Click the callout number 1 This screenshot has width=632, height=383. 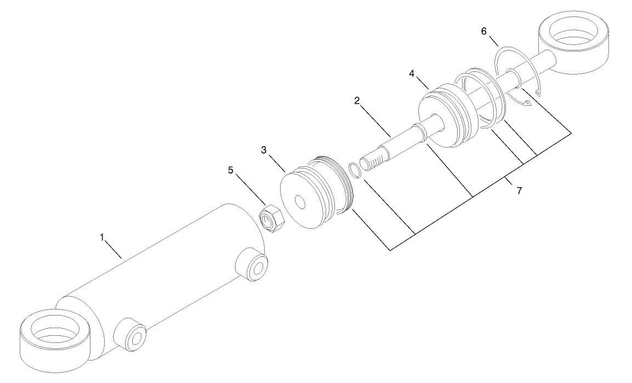tap(101, 237)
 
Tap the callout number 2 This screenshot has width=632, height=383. tap(357, 101)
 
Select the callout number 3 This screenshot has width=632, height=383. tap(264, 149)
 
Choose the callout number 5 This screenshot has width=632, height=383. tap(231, 170)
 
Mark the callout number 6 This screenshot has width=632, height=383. tap(483, 31)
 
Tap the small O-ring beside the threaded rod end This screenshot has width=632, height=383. tap(355, 170)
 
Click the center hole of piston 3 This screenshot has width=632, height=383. tap(300, 202)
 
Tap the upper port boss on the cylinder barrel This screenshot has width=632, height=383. tap(252, 266)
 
